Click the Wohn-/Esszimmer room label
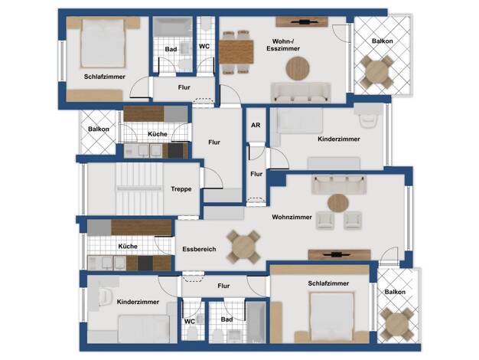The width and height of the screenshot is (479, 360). click(283, 45)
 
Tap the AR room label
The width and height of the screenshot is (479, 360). click(256, 125)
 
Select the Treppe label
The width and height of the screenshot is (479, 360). click(181, 189)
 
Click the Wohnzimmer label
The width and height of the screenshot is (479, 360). click(292, 217)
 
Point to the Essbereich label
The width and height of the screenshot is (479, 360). click(199, 249)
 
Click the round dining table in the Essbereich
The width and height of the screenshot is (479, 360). click(243, 247)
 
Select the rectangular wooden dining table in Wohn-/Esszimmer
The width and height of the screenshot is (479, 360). click(236, 52)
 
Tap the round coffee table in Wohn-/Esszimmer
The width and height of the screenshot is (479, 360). click(298, 68)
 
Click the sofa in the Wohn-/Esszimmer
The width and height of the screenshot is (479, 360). click(301, 92)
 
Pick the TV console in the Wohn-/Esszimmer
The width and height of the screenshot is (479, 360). click(301, 21)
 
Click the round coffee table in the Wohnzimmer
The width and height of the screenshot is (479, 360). click(338, 203)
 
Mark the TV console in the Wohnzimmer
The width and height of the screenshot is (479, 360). click(340, 254)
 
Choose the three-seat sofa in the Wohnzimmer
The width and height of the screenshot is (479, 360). click(339, 185)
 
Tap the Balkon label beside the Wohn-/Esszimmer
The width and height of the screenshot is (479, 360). click(382, 41)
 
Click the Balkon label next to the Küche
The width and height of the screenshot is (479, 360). click(99, 129)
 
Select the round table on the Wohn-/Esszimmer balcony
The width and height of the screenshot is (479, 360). click(376, 72)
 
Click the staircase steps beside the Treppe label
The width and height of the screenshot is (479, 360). click(139, 188)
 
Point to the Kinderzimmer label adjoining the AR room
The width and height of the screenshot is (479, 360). click(339, 139)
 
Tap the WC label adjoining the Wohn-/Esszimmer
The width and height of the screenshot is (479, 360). click(204, 47)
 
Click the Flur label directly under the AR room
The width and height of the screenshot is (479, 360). click(256, 174)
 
